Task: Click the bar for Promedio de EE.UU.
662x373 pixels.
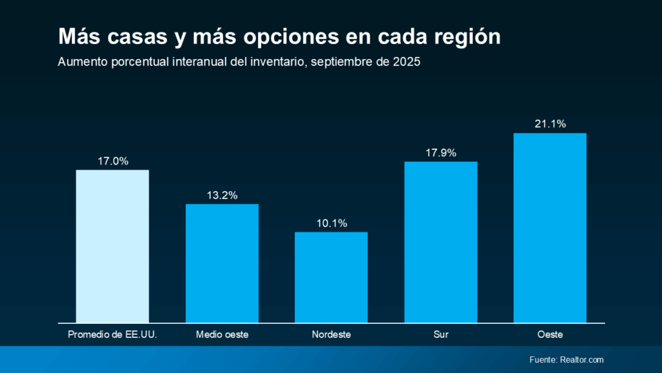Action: tap(112, 246)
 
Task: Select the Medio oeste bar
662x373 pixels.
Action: tap(222, 263)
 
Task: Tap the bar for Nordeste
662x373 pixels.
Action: tap(331, 277)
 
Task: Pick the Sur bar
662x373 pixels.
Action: tap(441, 242)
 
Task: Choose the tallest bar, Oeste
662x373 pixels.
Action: tap(550, 227)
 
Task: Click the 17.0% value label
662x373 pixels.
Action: tap(112, 161)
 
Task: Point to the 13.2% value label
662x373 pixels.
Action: tap(222, 195)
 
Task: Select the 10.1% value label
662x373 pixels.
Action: tap(331, 223)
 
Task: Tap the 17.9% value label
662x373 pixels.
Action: tap(441, 153)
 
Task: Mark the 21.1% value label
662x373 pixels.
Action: tap(550, 124)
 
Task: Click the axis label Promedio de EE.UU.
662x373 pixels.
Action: tap(112, 335)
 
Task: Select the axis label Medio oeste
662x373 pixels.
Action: tap(222, 335)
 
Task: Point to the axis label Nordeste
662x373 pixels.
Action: tap(331, 335)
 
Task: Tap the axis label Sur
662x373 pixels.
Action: tap(441, 335)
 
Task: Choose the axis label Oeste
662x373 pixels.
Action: tap(550, 335)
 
